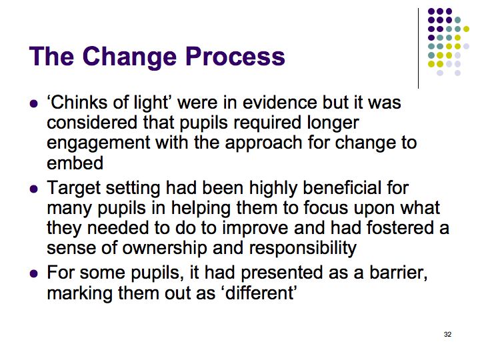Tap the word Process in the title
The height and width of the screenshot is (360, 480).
click(x=235, y=56)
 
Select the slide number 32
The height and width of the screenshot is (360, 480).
click(x=447, y=334)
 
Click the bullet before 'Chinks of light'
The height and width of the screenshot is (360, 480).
click(x=34, y=103)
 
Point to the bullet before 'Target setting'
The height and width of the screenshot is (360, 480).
click(x=34, y=189)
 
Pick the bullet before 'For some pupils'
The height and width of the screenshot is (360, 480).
click(x=34, y=273)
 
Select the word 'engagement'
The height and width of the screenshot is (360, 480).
click(x=99, y=144)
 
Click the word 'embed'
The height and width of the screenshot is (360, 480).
click(x=75, y=163)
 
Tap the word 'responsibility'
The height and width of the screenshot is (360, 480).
click(x=303, y=249)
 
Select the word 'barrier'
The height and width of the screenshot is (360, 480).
click(x=398, y=273)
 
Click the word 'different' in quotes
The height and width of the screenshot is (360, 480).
click(x=261, y=293)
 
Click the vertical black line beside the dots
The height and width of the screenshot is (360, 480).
click(x=418, y=49)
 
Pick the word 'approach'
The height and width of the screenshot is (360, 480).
click(x=263, y=144)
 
